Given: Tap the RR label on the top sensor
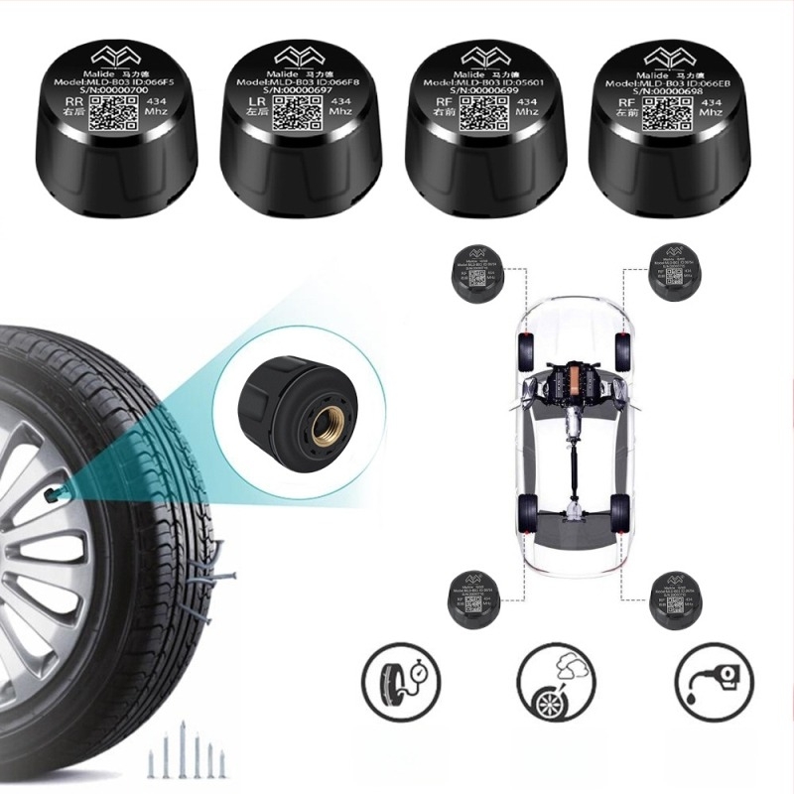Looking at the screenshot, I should (x=71, y=101).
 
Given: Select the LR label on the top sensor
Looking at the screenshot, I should (x=256, y=101).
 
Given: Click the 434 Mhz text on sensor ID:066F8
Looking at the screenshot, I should (x=339, y=107).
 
